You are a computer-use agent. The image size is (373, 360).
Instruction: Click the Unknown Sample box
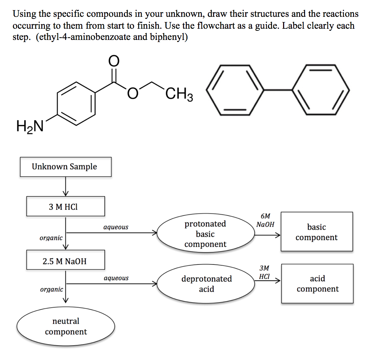[65, 167]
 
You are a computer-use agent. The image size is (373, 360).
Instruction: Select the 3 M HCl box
[65, 206]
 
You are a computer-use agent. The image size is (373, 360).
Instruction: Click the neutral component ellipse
[66, 326]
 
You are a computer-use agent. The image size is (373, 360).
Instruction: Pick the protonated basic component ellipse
[205, 234]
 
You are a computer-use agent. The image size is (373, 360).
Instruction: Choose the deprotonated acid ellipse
[206, 284]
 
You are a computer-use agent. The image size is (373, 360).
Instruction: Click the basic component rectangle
[316, 232]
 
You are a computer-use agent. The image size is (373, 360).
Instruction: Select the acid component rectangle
[317, 284]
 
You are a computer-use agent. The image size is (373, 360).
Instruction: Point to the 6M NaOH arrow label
[265, 220]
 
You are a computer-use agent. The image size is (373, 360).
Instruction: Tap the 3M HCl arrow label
[265, 272]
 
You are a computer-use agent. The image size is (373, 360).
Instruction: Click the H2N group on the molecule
[29, 125]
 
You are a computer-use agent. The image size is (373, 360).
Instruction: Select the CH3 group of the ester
[179, 95]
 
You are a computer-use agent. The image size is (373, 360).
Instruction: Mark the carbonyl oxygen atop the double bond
[113, 61]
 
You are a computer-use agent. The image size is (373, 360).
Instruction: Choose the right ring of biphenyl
[321, 90]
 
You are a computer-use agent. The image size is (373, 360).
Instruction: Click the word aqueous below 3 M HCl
[116, 227]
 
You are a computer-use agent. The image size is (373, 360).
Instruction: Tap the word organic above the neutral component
[51, 290]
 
